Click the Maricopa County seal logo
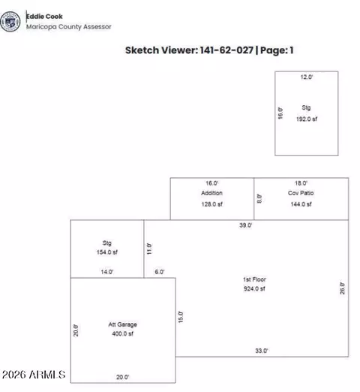(10, 22)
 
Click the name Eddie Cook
(44, 17)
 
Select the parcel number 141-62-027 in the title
(226, 50)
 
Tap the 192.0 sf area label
(307, 119)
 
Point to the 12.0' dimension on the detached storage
(307, 77)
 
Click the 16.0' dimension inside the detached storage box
(280, 113)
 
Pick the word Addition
(211, 193)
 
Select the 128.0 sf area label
(211, 204)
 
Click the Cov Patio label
(301, 193)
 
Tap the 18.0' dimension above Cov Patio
(301, 183)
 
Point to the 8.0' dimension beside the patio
(259, 198)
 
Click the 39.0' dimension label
(245, 225)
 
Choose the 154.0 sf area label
(107, 252)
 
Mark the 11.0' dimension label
(149, 249)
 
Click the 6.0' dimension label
(160, 272)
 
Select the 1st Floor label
(254, 279)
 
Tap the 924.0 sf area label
(254, 288)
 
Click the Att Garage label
(122, 324)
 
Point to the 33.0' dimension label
(262, 351)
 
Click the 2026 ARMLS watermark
(34, 375)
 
